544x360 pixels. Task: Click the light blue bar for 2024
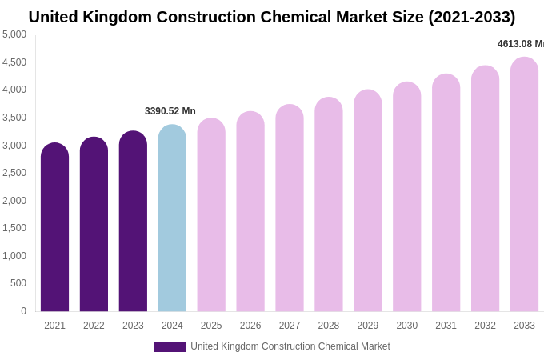tap(172, 220)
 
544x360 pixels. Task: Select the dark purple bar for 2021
tap(54, 228)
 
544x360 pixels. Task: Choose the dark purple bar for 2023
tap(133, 222)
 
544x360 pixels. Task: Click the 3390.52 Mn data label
tap(170, 111)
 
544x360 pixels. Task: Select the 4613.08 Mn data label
tap(520, 44)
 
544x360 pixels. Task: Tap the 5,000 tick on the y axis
tap(14, 34)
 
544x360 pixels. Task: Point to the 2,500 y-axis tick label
tap(14, 173)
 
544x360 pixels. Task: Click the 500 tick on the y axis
tap(18, 283)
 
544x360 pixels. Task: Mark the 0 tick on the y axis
tap(23, 311)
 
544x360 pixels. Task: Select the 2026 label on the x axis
tap(250, 326)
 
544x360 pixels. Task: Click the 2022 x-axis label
tap(94, 326)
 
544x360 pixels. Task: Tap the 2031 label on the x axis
tap(446, 326)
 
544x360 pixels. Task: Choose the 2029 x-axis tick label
tap(368, 326)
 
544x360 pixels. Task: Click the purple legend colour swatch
tap(170, 347)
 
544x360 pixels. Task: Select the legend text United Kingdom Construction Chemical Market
tap(290, 346)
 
